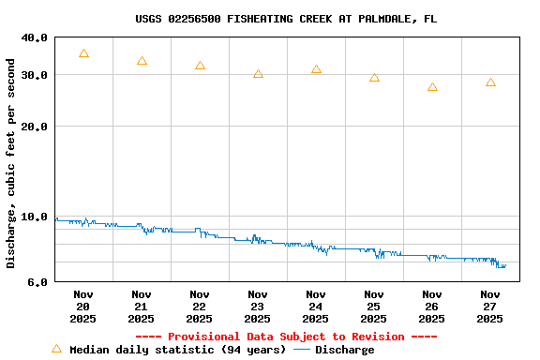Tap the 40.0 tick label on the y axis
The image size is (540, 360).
coord(34,37)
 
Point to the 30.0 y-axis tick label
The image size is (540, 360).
coord(34,75)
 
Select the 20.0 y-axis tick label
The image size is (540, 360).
coord(34,127)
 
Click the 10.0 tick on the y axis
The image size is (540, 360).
coord(34,217)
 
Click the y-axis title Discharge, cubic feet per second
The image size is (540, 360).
coord(11,163)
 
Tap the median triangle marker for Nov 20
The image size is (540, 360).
coord(83,54)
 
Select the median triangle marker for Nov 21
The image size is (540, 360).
coord(142,61)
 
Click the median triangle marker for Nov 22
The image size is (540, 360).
coord(200,66)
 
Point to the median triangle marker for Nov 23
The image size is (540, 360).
coord(258,74)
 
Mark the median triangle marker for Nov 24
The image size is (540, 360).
coord(316,69)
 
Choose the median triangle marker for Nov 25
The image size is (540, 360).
coord(374,78)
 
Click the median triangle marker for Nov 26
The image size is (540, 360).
coord(432,87)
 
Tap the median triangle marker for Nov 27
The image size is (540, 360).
coord(490,82)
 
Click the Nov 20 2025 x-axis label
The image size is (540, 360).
coord(83,307)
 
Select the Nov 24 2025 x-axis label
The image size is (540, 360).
coord(316,307)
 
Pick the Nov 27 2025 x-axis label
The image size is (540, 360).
coord(490,307)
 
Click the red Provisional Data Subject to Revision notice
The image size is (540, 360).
coord(286,337)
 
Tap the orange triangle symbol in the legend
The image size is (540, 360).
coord(56,349)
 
